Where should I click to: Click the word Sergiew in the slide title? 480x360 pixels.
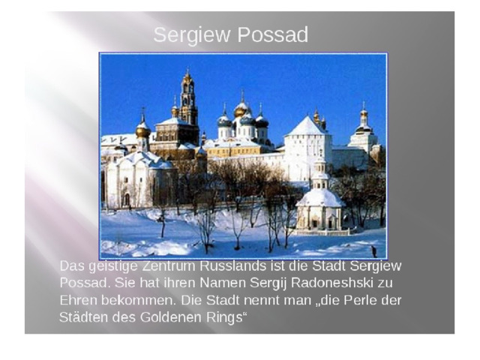192,35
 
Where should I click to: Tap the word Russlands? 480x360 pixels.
233,266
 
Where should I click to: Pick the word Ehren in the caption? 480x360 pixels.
78,300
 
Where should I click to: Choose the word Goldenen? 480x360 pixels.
172,317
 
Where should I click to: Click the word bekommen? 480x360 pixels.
139,300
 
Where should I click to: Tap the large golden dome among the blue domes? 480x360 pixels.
241,112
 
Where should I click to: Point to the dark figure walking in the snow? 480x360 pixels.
373,251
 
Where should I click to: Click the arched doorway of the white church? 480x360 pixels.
127,199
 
